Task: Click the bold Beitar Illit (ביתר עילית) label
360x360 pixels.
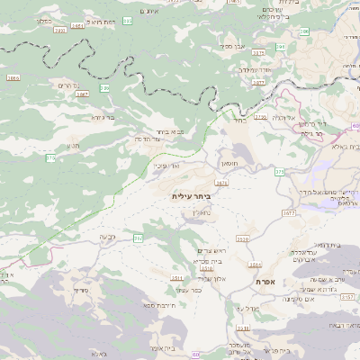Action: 190,194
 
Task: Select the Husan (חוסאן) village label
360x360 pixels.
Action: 228,164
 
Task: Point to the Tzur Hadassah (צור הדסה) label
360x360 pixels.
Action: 145,139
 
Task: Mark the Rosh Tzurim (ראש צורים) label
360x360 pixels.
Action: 203,250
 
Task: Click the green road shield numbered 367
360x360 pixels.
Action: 138,238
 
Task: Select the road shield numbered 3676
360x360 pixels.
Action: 221,182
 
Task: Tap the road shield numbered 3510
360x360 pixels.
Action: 243,239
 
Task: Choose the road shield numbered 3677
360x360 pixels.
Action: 289,213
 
